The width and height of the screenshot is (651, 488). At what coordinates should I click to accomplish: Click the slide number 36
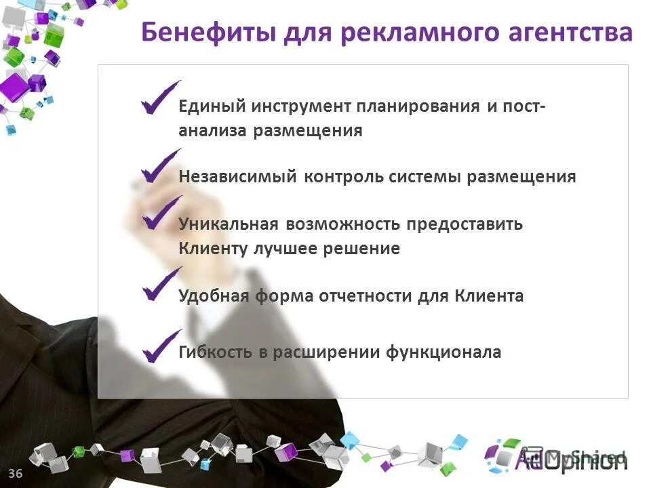coord(16,473)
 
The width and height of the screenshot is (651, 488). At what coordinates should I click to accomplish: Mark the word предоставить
coord(465,224)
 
